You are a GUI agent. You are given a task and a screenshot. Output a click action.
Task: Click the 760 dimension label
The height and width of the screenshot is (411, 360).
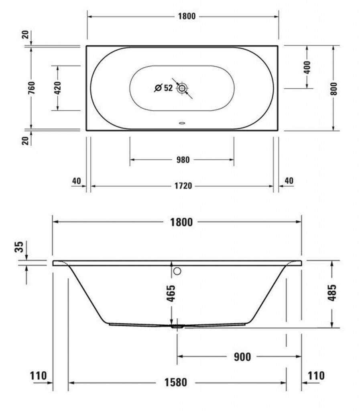coord(31,88)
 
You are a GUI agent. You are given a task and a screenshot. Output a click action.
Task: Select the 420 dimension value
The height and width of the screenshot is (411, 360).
coord(58,88)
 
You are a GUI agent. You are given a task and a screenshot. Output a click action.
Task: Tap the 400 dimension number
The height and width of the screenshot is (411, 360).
coord(307,67)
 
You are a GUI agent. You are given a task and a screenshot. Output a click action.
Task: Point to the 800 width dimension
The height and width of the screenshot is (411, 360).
coord(334,89)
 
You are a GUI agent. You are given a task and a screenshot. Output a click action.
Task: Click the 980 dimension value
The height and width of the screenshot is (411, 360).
coord(183,160)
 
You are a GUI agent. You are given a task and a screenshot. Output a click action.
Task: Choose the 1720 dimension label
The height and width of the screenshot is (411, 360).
coord(183,186)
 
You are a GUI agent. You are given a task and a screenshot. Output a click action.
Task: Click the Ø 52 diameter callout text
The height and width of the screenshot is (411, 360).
coord(164,88)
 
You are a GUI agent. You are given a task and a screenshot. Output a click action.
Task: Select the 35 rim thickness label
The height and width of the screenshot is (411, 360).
coord(19,247)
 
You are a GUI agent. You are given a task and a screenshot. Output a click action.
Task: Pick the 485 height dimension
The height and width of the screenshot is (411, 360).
coord(332,293)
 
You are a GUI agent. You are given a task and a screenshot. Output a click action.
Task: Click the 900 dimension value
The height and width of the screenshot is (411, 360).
coord(242,357)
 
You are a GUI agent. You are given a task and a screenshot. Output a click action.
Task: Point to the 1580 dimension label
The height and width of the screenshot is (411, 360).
coord(176,383)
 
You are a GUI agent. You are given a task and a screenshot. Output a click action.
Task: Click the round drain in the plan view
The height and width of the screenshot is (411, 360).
coord(181,88)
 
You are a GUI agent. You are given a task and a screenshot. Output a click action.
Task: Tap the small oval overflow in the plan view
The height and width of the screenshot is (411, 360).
coord(182,123)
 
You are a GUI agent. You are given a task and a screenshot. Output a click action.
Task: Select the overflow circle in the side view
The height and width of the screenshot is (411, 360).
coord(177,271)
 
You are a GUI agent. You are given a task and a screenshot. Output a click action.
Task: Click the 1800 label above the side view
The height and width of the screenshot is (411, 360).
coord(181,222)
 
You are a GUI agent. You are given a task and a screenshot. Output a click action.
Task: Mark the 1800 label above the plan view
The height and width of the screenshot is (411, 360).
coord(187,16)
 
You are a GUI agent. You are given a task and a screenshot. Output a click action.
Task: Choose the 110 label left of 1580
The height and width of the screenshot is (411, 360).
coord(38,376)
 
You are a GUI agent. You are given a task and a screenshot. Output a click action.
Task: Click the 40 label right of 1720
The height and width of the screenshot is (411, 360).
coord(289,181)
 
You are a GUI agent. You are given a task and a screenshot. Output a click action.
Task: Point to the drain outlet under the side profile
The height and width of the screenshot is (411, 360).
coord(177,327)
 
